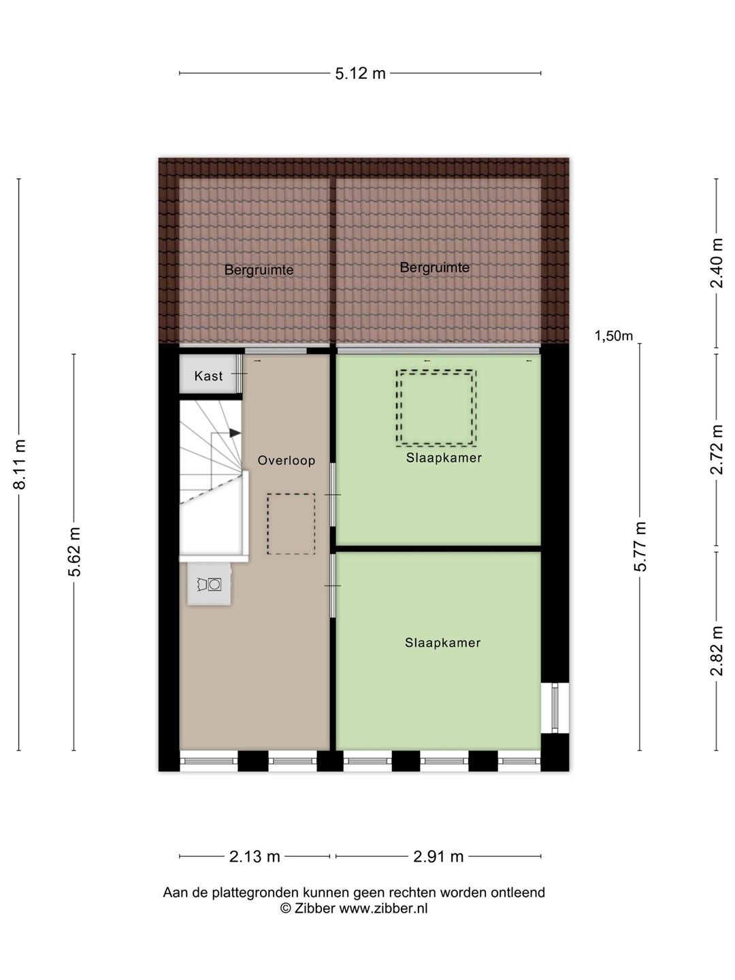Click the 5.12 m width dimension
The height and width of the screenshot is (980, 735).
tap(360, 73)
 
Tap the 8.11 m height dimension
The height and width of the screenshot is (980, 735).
tap(20, 464)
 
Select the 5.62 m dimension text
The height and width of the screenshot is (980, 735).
tap(75, 552)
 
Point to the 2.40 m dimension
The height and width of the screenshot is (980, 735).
tap(716, 263)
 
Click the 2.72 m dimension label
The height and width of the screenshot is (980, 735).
tap(716, 450)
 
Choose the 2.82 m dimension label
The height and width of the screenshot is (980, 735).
tap(716, 651)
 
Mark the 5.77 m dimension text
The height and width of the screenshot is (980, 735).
tap(640, 546)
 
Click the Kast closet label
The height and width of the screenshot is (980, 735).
tap(208, 376)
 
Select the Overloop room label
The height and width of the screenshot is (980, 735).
tap(287, 460)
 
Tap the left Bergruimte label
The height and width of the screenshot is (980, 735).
tap(259, 270)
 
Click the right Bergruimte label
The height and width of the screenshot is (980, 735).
tap(435, 267)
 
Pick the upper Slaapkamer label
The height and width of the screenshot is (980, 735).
tap(444, 457)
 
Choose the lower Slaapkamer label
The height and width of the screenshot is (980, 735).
tap(442, 642)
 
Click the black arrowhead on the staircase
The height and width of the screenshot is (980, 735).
tap(235, 433)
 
